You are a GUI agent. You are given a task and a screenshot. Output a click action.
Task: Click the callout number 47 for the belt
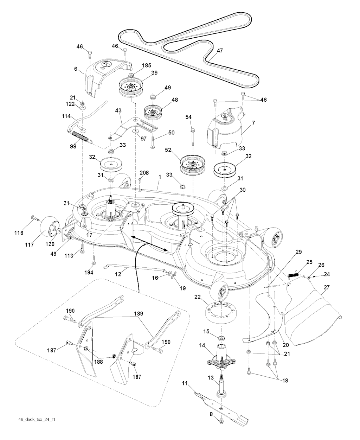pyautogui.click(x=219, y=51)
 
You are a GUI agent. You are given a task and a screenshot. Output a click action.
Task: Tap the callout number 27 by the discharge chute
pyautogui.click(x=327, y=287)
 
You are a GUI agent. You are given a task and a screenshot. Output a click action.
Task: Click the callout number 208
pyautogui.click(x=144, y=173)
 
